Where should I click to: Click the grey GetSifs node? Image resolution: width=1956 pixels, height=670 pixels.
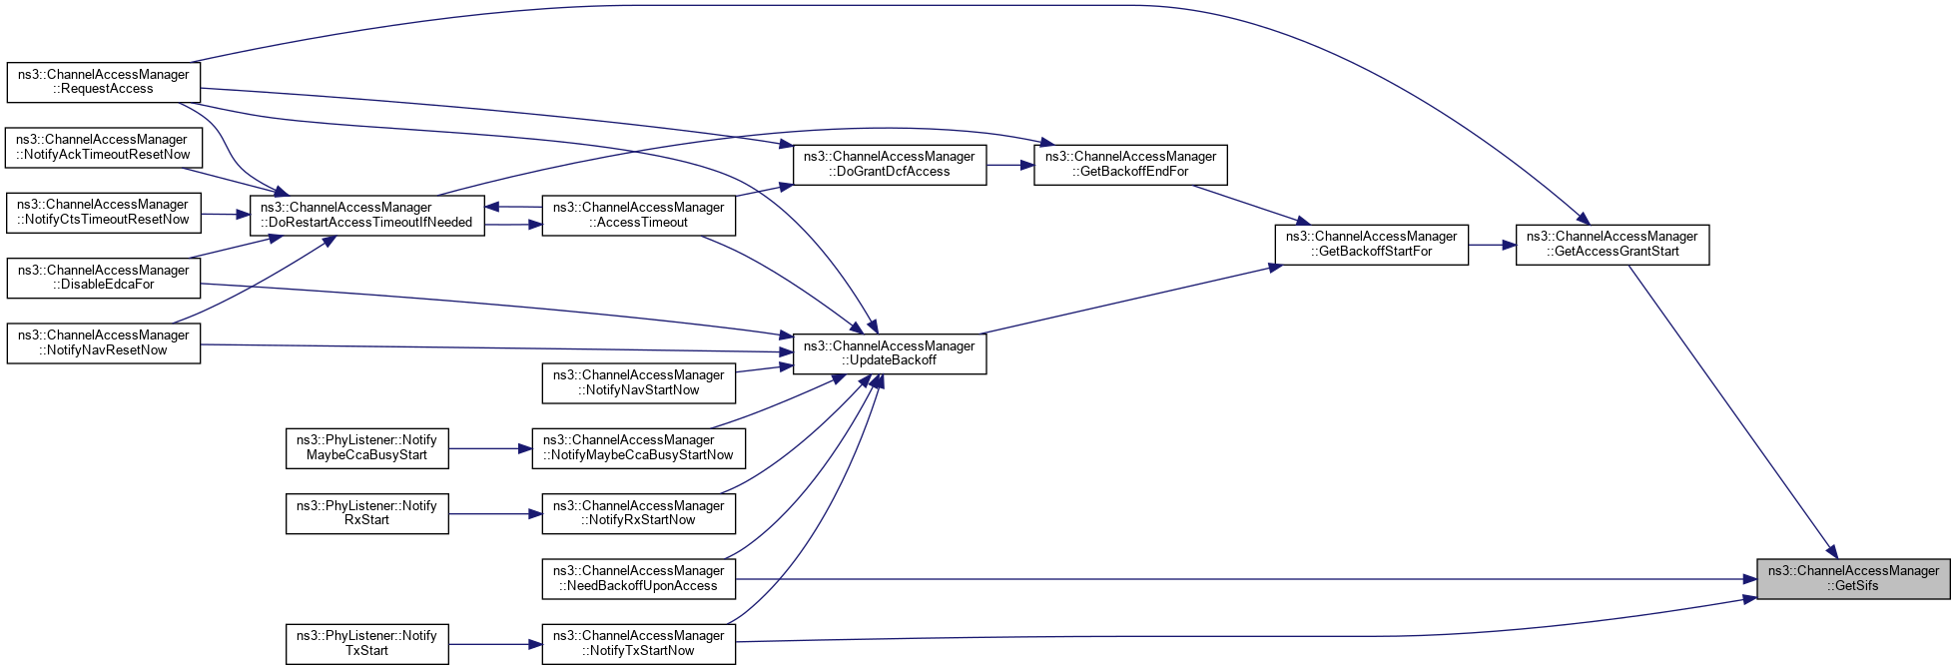(x=1853, y=579)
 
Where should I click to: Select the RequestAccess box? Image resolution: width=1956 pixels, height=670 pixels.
(x=104, y=82)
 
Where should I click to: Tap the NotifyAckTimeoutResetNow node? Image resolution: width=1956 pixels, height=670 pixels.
(x=104, y=148)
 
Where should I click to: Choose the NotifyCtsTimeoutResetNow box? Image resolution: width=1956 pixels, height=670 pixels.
(x=104, y=213)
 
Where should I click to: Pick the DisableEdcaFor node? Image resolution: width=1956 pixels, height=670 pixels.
(x=104, y=278)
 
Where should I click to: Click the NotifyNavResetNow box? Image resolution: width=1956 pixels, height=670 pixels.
(x=104, y=343)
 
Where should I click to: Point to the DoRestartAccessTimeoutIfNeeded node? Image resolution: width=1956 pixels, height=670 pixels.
(x=367, y=216)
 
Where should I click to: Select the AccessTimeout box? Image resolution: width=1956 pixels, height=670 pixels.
(x=639, y=216)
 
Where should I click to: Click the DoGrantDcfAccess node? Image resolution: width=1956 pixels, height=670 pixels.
(x=890, y=165)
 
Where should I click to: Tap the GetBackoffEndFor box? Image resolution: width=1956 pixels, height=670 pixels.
(x=1130, y=165)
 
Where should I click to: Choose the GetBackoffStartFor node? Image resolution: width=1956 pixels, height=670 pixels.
(x=1372, y=245)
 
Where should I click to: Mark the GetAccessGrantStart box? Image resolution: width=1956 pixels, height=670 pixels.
(x=1613, y=245)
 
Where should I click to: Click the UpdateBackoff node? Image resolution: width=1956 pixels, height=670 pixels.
(x=890, y=353)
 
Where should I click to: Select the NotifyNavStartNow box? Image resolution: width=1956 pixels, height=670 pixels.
(x=639, y=383)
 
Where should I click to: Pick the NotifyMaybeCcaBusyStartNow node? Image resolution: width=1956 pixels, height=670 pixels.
(x=639, y=448)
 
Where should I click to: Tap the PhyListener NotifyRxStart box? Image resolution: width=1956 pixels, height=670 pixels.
(x=367, y=513)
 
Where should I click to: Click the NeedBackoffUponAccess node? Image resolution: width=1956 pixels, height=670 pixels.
(x=639, y=579)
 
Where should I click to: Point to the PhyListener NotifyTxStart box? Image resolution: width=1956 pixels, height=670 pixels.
(x=367, y=644)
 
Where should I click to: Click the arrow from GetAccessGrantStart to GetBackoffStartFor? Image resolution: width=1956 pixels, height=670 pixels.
(x=1492, y=245)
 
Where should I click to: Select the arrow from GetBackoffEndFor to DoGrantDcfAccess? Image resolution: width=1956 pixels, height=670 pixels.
(x=1010, y=165)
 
